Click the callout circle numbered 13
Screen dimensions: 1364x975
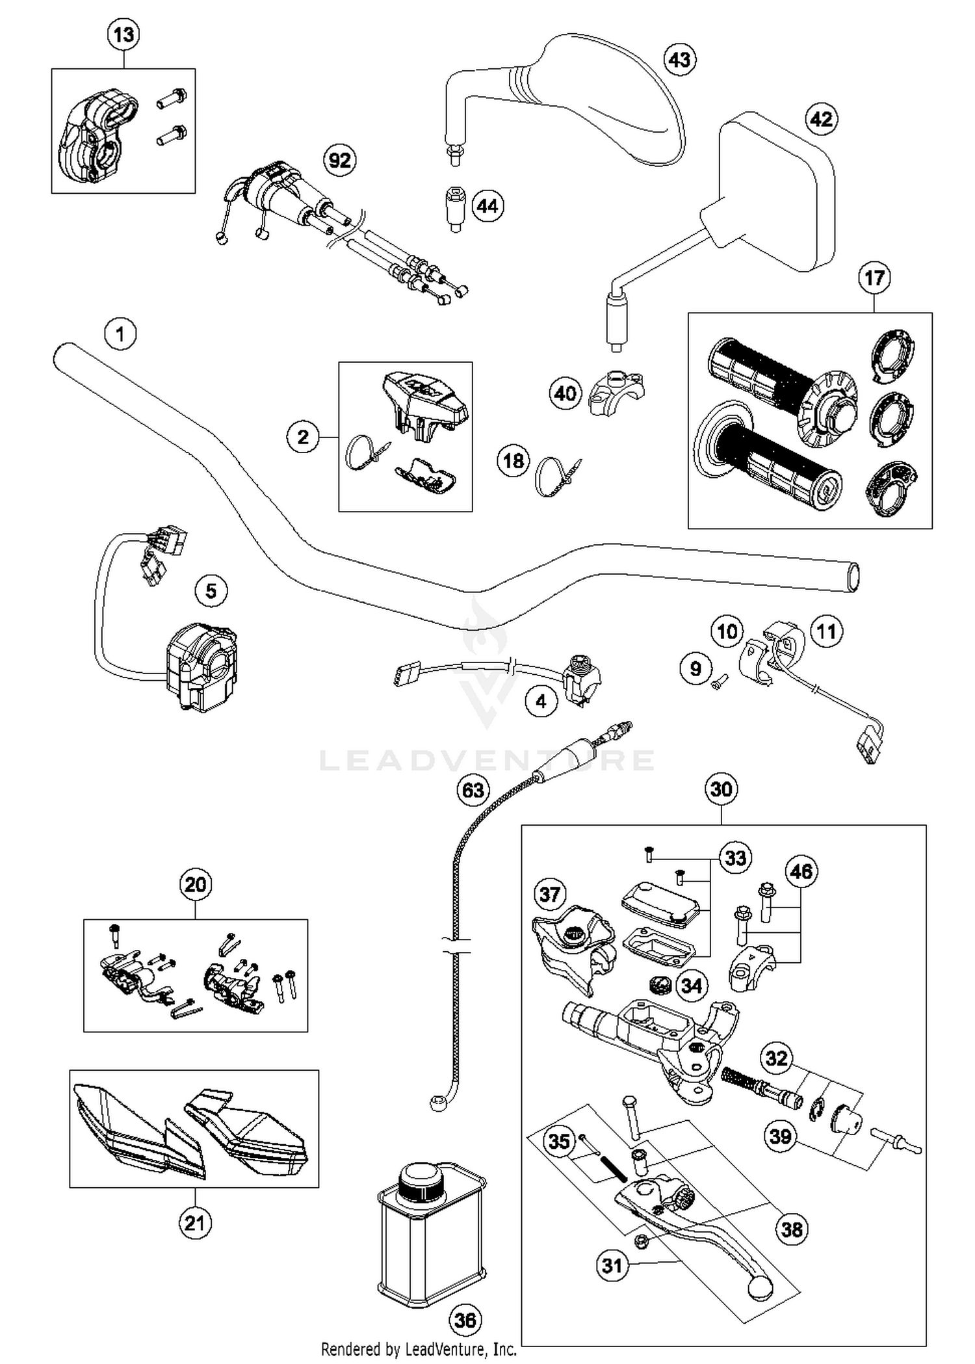tap(123, 34)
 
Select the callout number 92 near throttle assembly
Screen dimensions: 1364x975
tap(340, 160)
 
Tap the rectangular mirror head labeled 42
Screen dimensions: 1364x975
tap(777, 189)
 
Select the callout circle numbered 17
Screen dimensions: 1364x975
tap(874, 278)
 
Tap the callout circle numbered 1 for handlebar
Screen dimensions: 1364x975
tap(120, 334)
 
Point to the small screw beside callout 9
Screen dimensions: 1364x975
tap(719, 683)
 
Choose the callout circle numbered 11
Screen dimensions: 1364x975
tap(826, 631)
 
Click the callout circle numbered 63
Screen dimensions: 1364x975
tap(473, 790)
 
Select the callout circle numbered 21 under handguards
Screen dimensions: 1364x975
tap(195, 1223)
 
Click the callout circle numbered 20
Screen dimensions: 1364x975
tap(195, 884)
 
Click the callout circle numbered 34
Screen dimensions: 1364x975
tap(691, 986)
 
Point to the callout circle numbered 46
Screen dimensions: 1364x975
tap(801, 871)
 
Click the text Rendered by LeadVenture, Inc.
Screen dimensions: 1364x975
tap(419, 1350)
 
